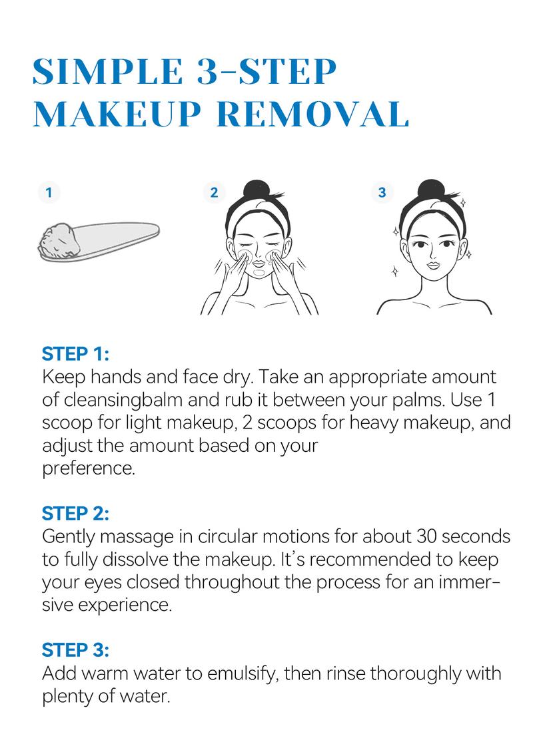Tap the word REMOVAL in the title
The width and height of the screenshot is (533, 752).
[312, 114]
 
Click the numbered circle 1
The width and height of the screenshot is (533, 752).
[49, 193]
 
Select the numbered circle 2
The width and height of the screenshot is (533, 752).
[214, 193]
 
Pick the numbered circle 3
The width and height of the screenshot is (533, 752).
[382, 193]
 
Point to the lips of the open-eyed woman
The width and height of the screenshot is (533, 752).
[433, 265]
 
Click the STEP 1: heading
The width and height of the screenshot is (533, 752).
[75, 354]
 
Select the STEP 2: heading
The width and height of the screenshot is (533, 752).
[75, 514]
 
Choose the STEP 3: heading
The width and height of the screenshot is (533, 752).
[75, 650]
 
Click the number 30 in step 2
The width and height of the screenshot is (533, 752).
[426, 536]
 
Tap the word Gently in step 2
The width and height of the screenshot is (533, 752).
[68, 537]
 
